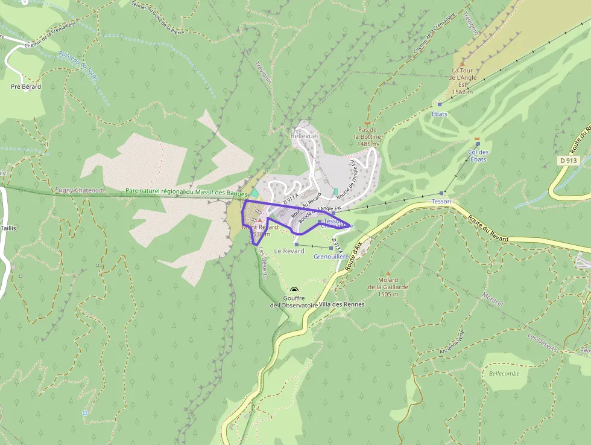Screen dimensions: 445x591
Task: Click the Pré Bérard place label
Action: tap(26, 87)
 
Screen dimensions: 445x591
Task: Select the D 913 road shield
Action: tap(569, 161)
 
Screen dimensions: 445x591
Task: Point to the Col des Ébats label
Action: tap(478, 156)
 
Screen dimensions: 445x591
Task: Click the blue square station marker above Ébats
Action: tap(440, 104)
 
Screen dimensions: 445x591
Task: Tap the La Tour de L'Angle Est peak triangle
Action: tap(463, 63)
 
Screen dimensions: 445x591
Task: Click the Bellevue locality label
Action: tap(303, 136)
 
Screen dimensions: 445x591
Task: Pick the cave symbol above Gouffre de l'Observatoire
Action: tap(294, 290)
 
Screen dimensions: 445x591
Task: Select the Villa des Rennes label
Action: tap(342, 304)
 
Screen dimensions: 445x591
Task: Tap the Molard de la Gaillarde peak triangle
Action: tap(388, 274)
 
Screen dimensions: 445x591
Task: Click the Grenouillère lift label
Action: tap(331, 257)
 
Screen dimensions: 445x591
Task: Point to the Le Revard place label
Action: tap(289, 251)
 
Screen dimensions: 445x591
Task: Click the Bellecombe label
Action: tap(504, 374)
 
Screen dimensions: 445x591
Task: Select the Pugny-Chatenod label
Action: tap(80, 190)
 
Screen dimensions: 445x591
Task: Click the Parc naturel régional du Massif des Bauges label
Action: tap(186, 191)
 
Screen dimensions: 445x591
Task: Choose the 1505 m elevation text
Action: tap(388, 295)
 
